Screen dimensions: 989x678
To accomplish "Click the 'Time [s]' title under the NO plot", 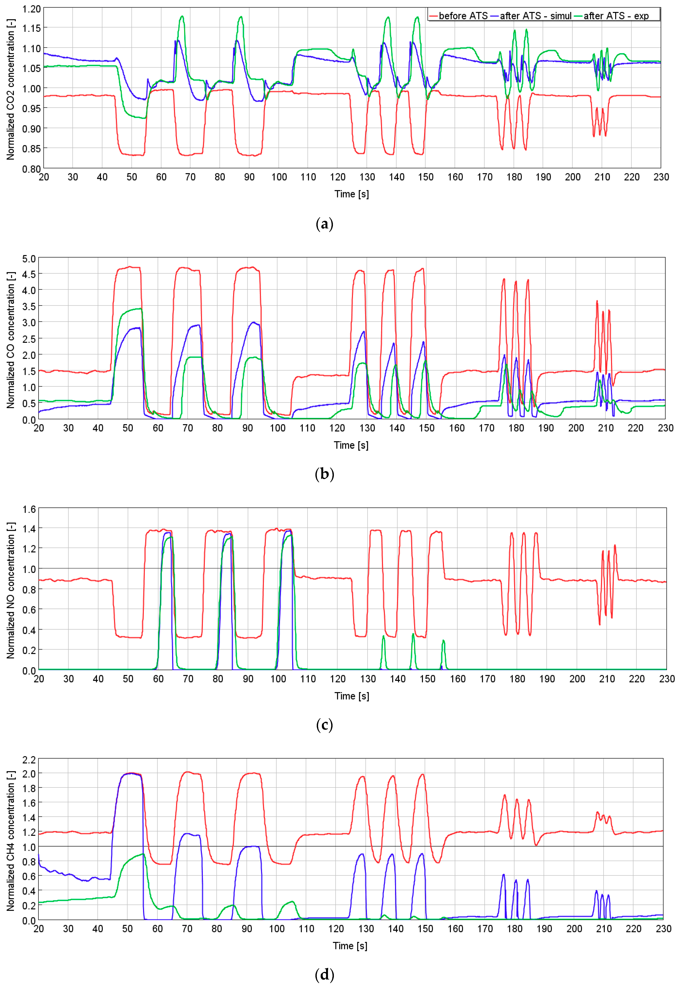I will click(351, 696).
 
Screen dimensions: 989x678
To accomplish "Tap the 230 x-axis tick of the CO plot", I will click(665, 428).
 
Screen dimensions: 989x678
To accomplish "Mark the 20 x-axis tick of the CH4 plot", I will click(39, 929).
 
